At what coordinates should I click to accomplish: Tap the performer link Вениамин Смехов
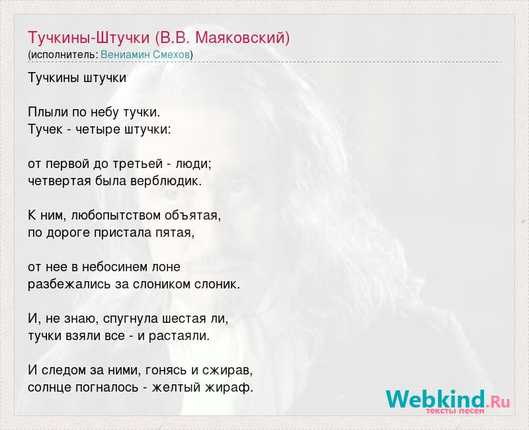[145, 55]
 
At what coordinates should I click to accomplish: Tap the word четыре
[97, 130]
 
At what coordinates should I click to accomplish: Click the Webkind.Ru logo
[448, 400]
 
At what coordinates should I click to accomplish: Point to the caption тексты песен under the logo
[455, 411]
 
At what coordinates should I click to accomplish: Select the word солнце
[50, 387]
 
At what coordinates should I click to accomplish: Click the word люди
[194, 164]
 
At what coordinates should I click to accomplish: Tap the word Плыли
[48, 112]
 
